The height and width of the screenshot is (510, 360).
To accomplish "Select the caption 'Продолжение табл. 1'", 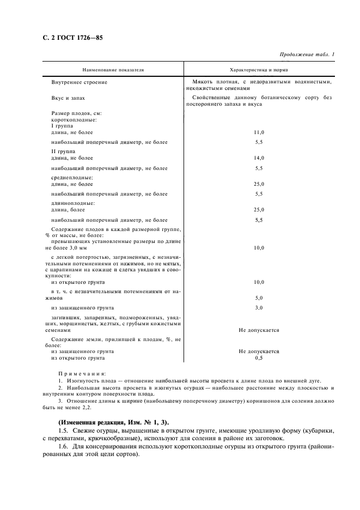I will point(307,54).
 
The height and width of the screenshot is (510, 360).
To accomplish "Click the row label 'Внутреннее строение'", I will point(79,82).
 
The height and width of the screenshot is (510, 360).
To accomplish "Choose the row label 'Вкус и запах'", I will point(69,98).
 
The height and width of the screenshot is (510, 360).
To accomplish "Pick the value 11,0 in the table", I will point(259,132).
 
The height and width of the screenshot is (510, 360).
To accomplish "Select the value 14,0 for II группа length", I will point(259,158).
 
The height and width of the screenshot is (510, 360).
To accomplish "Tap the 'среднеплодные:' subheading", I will point(71,178).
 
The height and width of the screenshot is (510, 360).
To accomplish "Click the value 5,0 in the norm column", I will point(259,299).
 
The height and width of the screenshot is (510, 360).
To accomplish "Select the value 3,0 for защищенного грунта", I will point(259,308).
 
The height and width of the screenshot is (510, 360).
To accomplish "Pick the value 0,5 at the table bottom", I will point(259,358).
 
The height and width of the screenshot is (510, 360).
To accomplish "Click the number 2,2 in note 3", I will point(86,407).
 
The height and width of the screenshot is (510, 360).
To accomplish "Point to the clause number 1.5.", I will point(63,430).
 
